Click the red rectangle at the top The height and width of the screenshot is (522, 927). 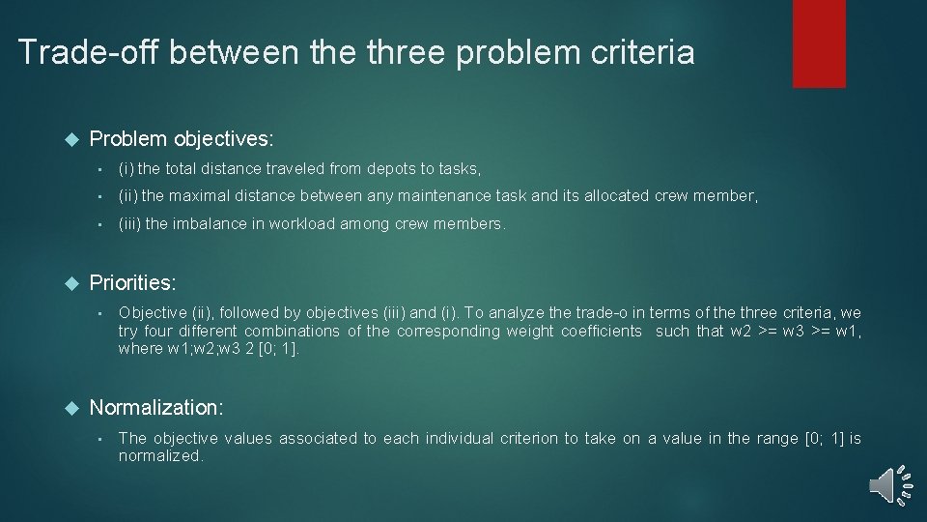(819, 43)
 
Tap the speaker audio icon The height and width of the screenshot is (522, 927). (889, 484)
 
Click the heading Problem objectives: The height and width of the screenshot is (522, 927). (181, 139)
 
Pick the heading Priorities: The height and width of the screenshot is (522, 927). (132, 283)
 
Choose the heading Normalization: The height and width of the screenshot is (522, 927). (156, 408)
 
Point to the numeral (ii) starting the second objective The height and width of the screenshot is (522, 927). (128, 196)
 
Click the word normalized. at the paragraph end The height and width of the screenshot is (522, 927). (160, 456)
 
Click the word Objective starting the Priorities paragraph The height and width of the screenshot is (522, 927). (152, 312)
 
